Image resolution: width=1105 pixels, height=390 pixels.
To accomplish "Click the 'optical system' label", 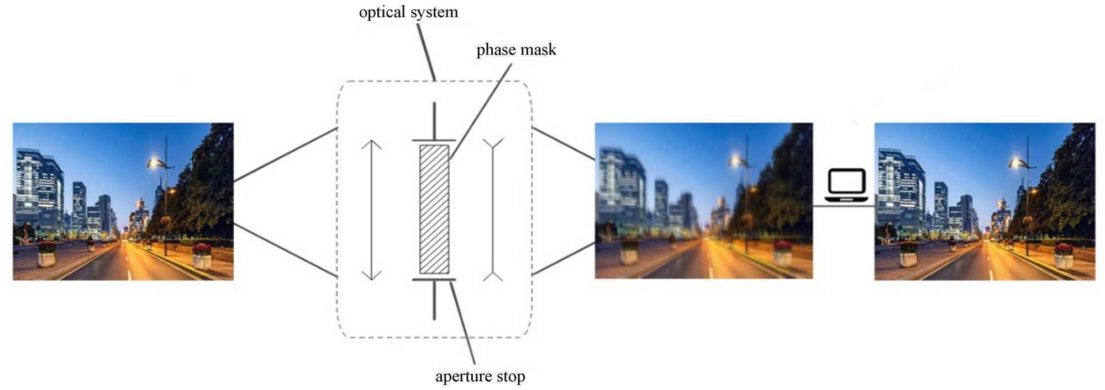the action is [x=408, y=12].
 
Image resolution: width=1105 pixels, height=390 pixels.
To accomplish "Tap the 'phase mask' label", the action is [x=516, y=50].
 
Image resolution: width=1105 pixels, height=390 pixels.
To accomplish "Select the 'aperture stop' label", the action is [x=480, y=376].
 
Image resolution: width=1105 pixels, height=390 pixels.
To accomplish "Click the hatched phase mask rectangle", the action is [x=434, y=209].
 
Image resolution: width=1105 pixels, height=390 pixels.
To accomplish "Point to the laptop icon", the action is [x=846, y=185].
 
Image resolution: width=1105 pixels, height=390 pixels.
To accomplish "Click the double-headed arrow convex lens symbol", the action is [x=371, y=210].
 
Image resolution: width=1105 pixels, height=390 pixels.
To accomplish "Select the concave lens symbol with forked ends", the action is [x=493, y=210].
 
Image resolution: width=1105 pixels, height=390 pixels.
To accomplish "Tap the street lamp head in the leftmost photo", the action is [x=156, y=163].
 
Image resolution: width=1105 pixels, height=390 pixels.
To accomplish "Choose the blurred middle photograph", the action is [x=703, y=201].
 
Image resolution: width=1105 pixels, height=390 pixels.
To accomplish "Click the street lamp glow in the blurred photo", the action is [x=735, y=161].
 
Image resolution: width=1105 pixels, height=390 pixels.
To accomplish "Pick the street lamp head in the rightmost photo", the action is [x=1017, y=163].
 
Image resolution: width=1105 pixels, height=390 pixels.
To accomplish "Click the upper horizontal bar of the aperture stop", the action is [x=434, y=141].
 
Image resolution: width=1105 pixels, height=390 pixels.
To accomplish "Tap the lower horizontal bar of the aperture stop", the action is [x=434, y=280].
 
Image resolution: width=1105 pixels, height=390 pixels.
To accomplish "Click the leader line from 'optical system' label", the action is [x=426, y=52].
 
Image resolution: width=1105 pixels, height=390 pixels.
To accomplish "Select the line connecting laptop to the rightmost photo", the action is [x=843, y=206].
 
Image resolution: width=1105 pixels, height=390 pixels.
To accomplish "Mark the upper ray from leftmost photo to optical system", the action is [x=285, y=155].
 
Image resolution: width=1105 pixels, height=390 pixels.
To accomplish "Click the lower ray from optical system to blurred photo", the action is [x=563, y=259].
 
